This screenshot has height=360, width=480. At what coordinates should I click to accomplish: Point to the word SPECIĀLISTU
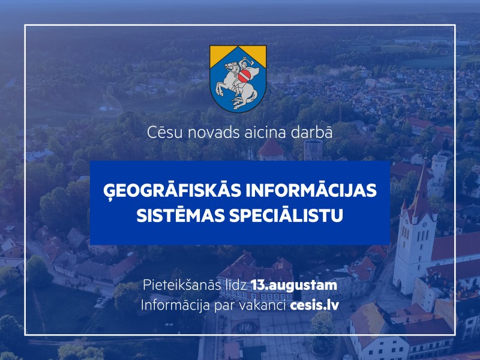pyautogui.click(x=286, y=215)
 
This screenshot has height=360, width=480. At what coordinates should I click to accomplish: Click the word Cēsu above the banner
pyautogui.click(x=164, y=132)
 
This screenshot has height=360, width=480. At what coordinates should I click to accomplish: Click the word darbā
pyautogui.click(x=311, y=132)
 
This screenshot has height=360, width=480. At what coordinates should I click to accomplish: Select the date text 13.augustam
pyautogui.click(x=294, y=286)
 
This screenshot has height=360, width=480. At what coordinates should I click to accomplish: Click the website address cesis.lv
pyautogui.click(x=314, y=305)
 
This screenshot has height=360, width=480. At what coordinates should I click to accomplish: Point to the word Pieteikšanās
pyautogui.click(x=182, y=285)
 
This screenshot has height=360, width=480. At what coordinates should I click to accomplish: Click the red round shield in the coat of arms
pyautogui.click(x=244, y=75)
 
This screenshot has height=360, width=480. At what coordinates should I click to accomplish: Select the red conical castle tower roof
pyautogui.click(x=271, y=148)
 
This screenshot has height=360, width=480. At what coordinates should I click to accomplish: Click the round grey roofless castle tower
pyautogui.click(x=313, y=150)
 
